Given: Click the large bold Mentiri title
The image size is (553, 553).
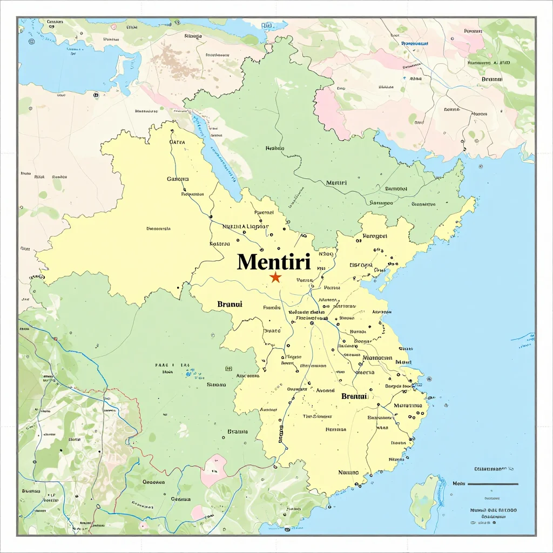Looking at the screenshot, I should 274,262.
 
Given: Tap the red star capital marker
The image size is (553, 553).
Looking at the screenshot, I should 275,278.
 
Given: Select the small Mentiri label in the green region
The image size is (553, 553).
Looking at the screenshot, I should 336,183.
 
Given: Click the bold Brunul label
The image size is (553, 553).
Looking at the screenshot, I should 230,304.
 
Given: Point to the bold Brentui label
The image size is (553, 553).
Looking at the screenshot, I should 354,396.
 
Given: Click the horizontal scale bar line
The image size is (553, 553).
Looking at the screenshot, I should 492,484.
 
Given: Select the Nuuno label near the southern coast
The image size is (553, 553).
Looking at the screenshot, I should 348,472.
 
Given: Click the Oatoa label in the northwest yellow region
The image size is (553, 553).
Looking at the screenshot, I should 177,143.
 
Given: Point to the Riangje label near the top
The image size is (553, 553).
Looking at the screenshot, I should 192,37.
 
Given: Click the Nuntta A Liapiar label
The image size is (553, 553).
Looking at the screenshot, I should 246,227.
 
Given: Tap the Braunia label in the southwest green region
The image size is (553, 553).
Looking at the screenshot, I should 238,431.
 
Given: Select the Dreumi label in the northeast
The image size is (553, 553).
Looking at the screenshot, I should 491,79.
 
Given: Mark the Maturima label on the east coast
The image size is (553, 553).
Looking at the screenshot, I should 408,405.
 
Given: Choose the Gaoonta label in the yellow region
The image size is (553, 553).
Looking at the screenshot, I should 178,179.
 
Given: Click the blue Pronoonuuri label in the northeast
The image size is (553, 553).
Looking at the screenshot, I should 415,43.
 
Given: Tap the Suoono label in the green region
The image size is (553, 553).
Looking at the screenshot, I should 216,385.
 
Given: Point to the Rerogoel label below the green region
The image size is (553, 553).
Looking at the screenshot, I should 374,236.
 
